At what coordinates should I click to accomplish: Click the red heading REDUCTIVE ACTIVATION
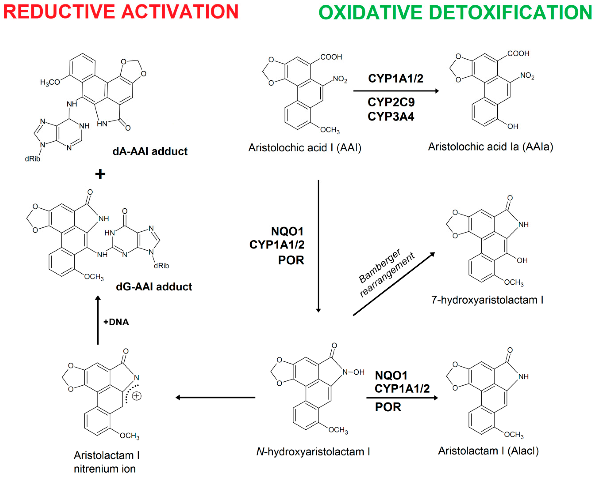121,12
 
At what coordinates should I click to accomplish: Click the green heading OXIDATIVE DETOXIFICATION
455,13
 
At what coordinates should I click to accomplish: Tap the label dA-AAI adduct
150,151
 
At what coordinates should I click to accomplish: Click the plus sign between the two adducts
100,174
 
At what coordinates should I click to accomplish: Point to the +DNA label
116,322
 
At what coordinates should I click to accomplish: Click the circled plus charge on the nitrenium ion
137,396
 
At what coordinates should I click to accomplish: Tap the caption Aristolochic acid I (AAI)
305,148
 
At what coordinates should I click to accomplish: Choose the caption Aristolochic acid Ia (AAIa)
490,147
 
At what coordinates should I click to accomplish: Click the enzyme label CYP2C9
391,102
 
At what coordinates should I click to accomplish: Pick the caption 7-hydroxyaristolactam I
487,300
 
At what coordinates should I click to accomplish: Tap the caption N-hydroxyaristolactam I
313,452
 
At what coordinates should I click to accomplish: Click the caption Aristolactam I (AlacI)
488,451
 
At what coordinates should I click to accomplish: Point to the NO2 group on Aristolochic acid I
340,79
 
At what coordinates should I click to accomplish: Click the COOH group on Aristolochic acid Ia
518,54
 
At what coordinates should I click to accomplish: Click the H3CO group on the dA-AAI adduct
50,82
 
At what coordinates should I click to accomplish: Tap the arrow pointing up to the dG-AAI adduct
98,320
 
